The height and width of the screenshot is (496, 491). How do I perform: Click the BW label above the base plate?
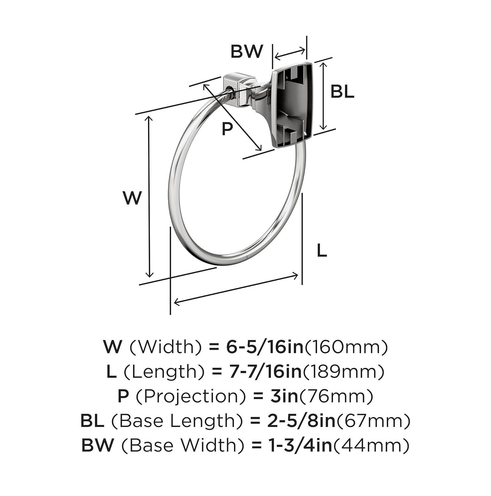(246, 51)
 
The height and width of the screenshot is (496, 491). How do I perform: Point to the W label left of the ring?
(132, 198)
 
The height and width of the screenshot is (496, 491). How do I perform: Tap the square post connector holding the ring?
(239, 89)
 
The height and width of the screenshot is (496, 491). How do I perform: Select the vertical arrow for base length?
(324, 96)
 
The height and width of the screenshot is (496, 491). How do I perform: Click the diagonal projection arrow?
(232, 117)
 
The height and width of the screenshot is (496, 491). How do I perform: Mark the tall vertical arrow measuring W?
(150, 197)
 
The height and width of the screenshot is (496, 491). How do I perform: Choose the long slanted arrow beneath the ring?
(236, 289)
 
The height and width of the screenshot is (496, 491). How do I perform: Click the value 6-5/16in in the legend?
(264, 347)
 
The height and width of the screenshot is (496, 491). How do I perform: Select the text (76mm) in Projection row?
(336, 396)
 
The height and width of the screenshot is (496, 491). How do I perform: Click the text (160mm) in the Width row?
(346, 347)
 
